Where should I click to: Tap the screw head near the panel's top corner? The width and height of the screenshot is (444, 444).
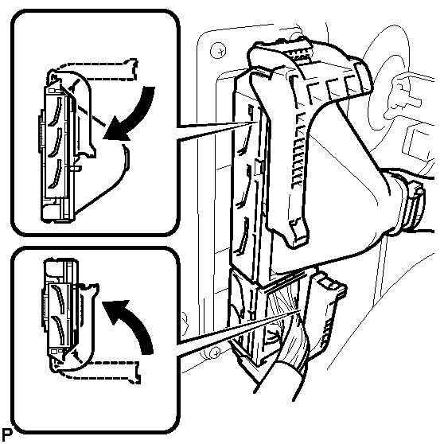coord(218,50)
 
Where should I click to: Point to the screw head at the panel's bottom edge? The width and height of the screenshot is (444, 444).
coord(215,353)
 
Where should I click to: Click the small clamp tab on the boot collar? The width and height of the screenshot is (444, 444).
coord(417,196)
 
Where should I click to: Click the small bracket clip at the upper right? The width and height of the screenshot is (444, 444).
coord(402,93)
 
